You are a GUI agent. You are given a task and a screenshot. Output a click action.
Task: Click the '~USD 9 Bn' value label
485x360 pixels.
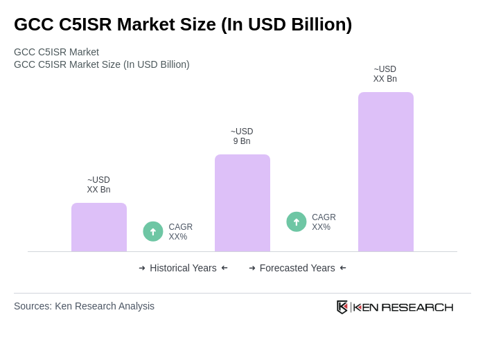pos(242,136)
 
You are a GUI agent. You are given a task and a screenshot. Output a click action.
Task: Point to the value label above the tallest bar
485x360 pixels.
pos(385,74)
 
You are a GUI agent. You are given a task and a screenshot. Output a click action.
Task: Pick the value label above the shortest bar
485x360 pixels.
pos(98,185)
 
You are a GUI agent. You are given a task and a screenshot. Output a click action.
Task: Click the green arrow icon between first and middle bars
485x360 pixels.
pos(153,231)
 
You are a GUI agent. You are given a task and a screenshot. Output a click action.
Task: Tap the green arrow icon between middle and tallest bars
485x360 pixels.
pos(297,222)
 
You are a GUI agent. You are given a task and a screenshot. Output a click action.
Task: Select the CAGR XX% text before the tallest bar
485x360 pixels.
pos(324,222)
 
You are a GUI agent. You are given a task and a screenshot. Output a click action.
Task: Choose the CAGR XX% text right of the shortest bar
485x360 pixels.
pos(180,232)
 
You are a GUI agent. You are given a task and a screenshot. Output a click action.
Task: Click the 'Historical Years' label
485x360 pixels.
pos(183,268)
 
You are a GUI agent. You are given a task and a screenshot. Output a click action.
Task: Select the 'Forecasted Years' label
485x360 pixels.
pos(297,268)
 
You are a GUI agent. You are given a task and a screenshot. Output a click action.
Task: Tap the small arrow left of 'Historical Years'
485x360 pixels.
pos(142,268)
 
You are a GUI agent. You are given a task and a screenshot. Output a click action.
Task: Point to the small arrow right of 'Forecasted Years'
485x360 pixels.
pos(343,268)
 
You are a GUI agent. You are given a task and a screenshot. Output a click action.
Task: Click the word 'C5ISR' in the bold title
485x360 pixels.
pos(85,24)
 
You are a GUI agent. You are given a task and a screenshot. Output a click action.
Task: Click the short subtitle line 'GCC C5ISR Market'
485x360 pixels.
pos(56,52)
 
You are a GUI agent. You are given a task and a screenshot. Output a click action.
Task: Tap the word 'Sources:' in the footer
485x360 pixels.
pos(33,306)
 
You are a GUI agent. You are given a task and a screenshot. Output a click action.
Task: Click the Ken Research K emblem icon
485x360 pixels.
pos(342,307)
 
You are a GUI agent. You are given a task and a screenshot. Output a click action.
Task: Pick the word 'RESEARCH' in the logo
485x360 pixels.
pos(417,307)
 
